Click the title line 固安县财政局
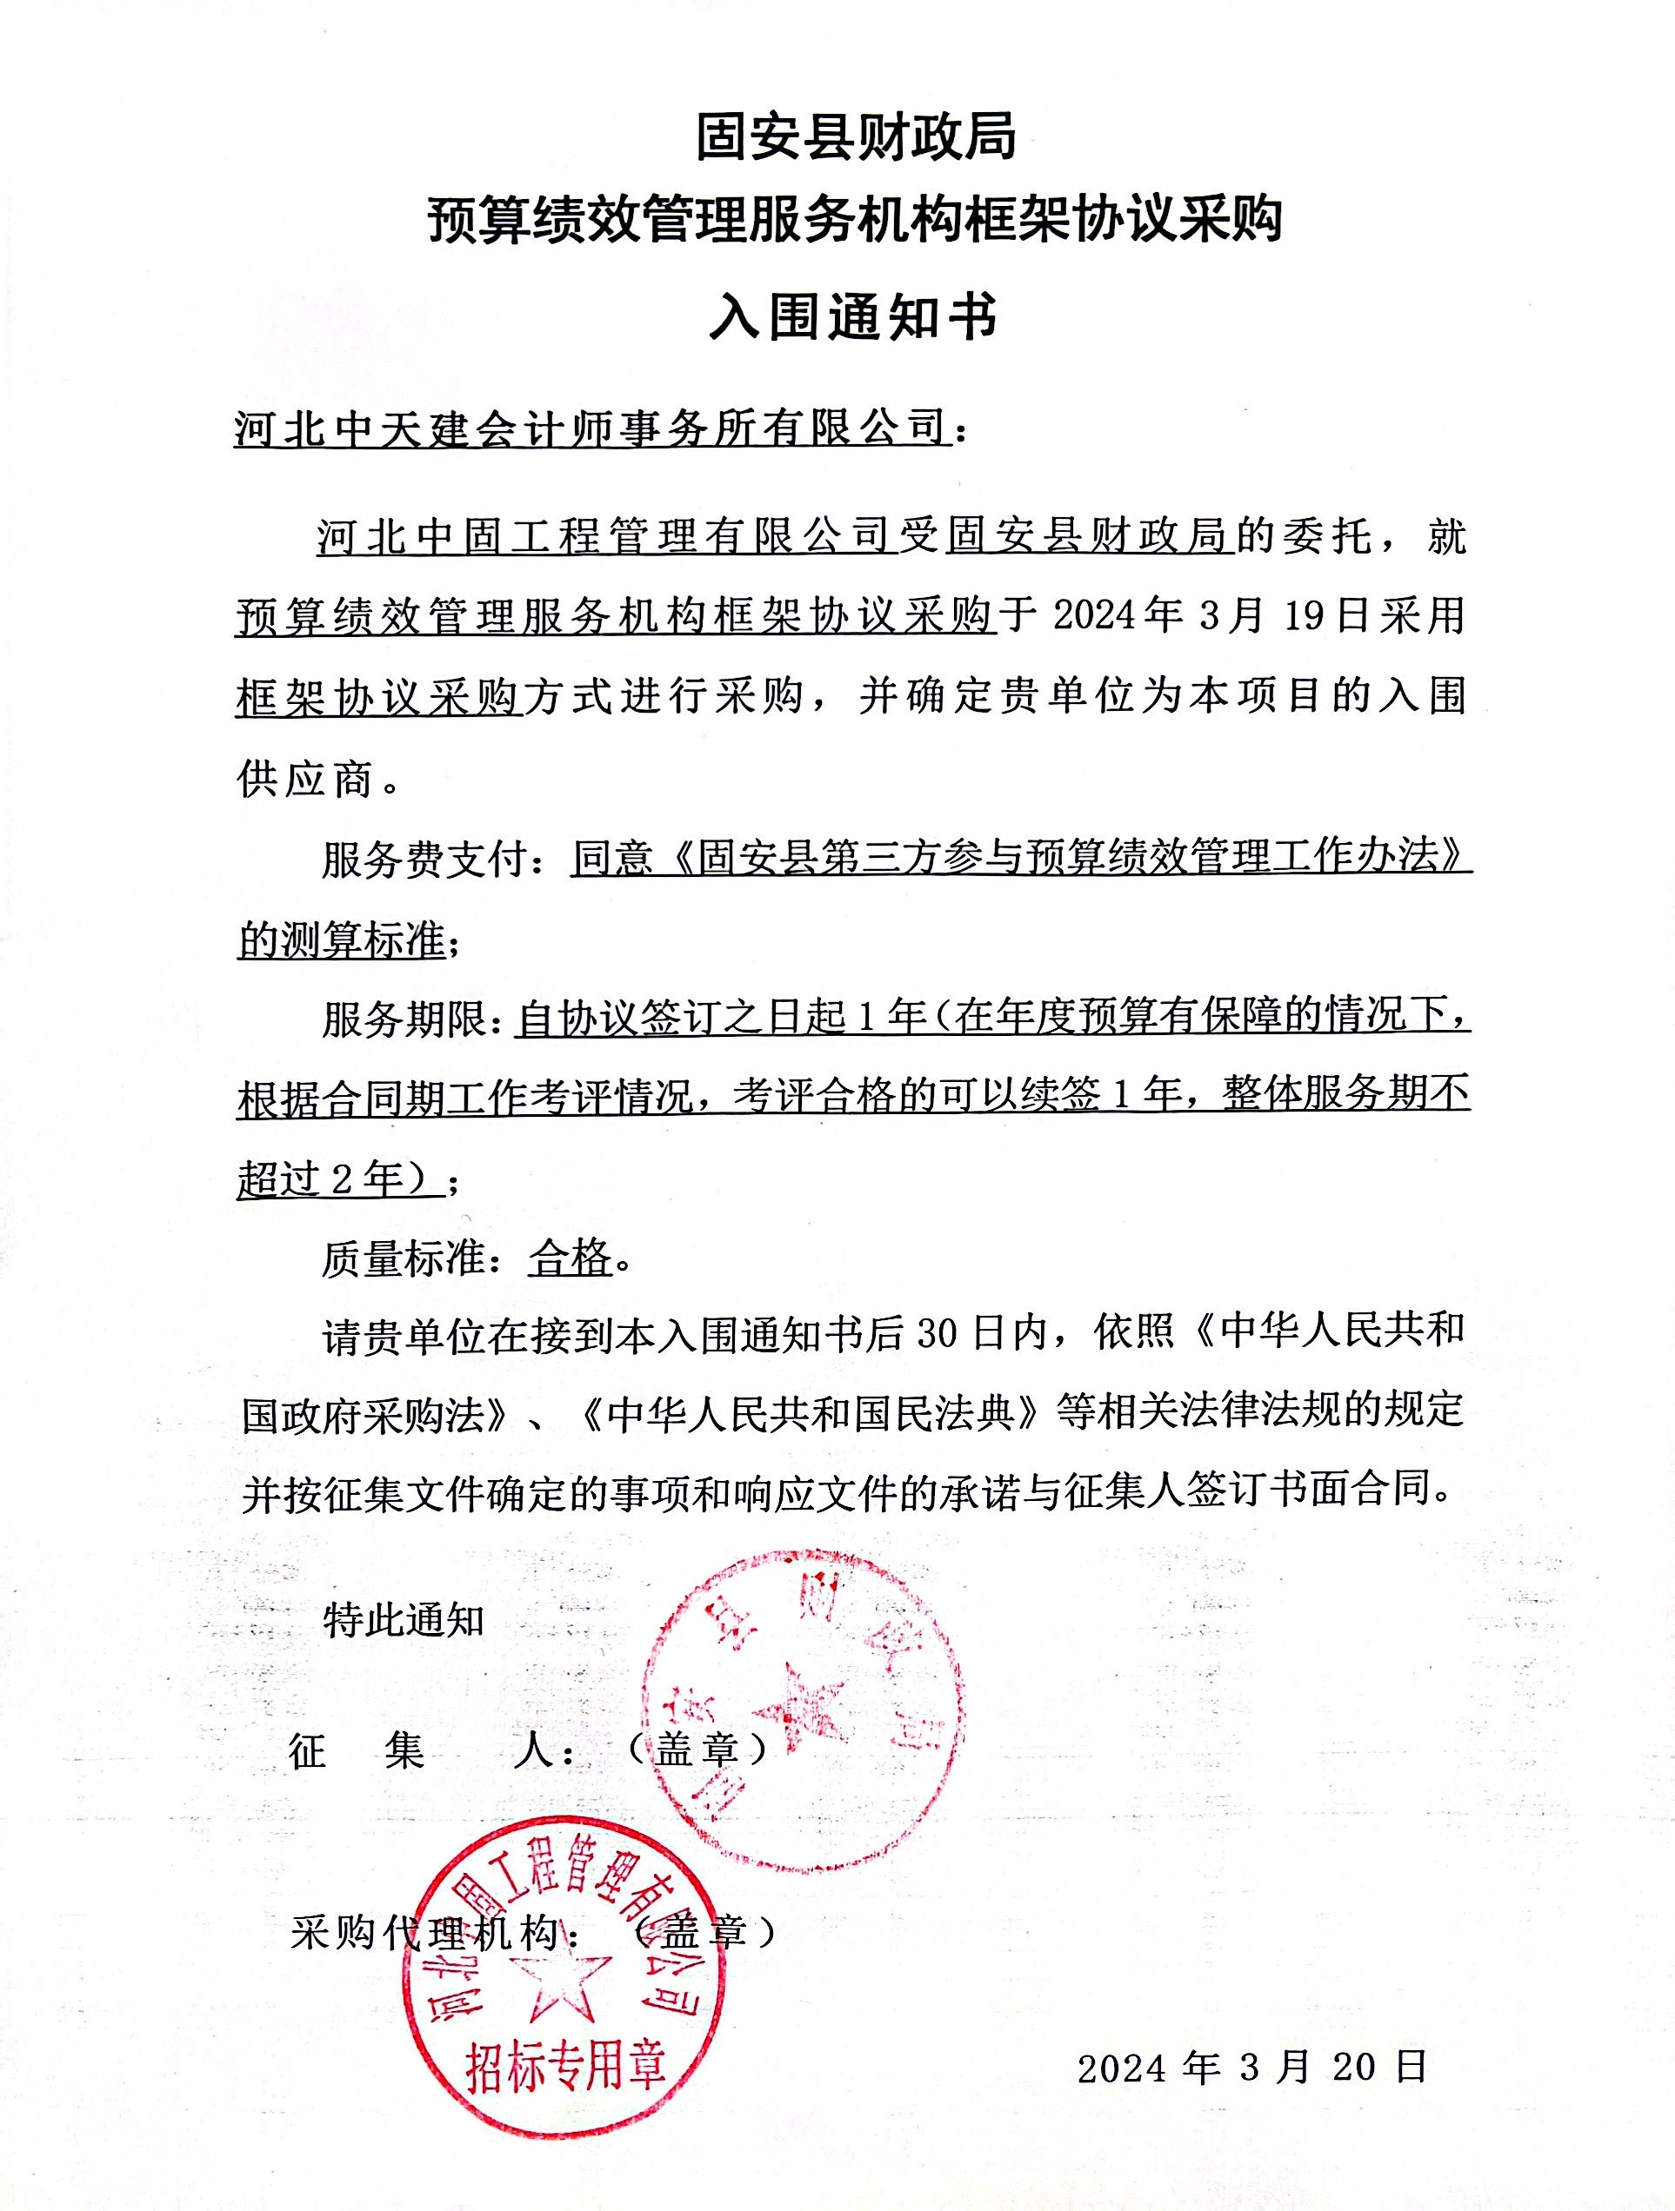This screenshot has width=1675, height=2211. click(x=855, y=137)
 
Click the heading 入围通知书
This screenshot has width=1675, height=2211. click(x=853, y=317)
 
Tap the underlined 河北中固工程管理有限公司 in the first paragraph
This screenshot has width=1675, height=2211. click(x=603, y=537)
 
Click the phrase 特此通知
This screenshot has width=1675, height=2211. click(x=403, y=1620)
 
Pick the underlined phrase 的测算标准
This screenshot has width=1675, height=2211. click(x=342, y=940)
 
